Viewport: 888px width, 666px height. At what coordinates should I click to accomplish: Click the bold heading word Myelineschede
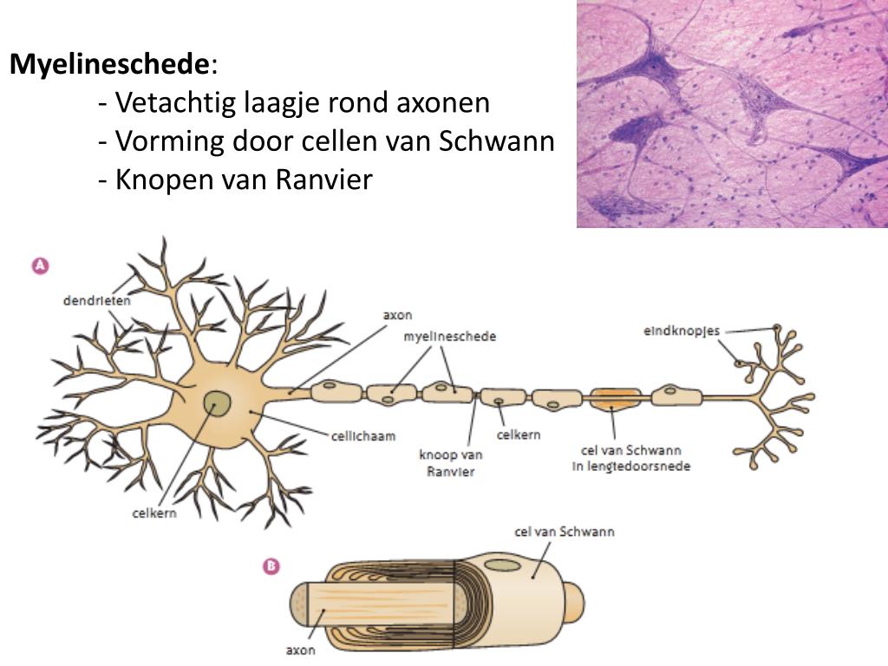coord(109,64)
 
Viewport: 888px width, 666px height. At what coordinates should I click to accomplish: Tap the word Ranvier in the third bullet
coord(324,180)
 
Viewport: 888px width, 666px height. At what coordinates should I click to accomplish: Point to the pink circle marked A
coord(40,266)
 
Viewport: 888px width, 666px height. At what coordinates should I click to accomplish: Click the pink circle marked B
coord(271,566)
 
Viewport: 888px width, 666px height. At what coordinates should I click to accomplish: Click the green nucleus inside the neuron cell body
coord(218,403)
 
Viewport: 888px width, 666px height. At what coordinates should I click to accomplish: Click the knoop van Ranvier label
coord(451,463)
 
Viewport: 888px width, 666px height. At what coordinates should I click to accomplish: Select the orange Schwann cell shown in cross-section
coord(615,399)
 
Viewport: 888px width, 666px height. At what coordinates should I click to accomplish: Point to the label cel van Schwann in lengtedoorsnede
coord(630,458)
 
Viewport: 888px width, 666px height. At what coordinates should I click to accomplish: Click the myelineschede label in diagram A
coord(450,336)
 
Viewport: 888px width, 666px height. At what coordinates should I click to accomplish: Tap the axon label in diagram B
coord(300,649)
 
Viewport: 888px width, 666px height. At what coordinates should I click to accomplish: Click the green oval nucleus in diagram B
coord(502,565)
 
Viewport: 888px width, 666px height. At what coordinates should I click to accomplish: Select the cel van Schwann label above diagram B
coord(563,531)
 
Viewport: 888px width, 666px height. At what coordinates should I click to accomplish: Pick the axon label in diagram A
coord(397,315)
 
